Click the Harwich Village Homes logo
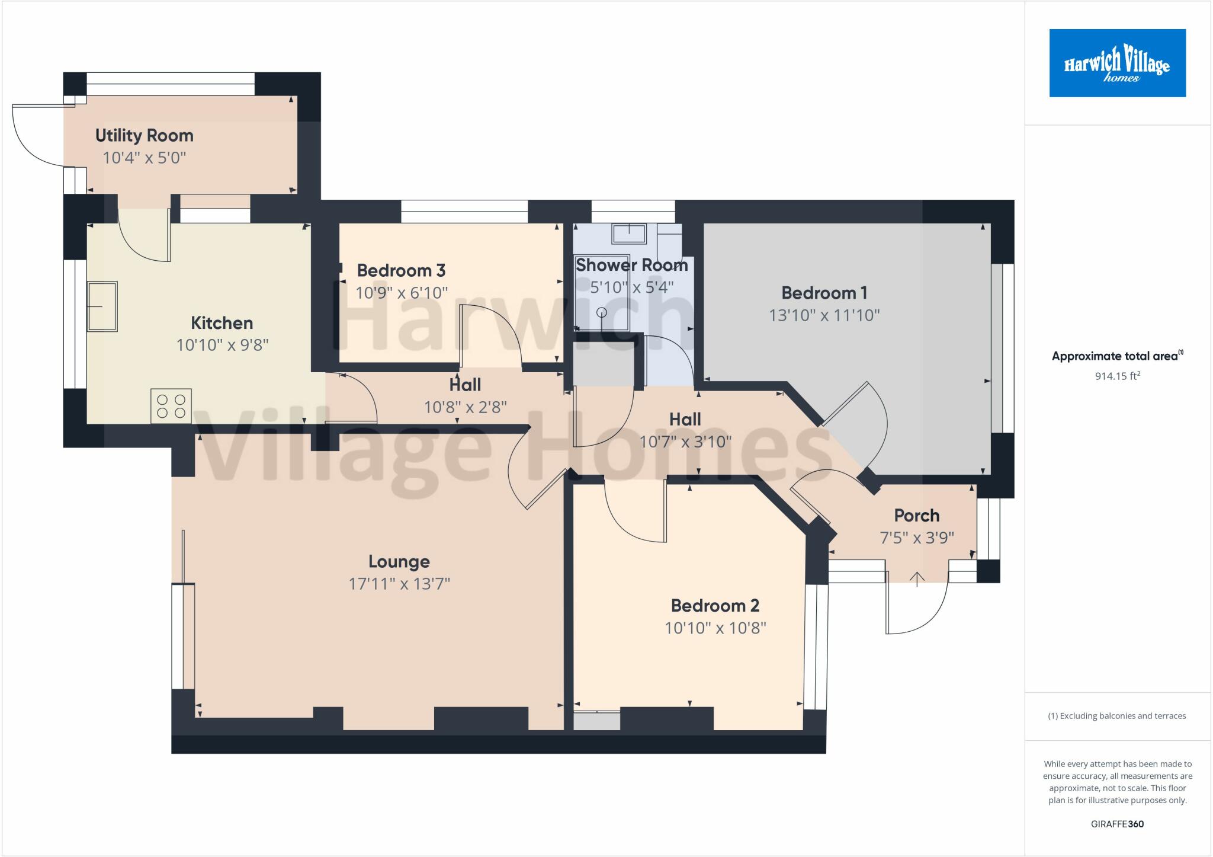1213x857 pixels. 1117,63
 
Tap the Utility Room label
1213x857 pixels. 145,136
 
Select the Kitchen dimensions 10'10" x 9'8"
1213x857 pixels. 222,345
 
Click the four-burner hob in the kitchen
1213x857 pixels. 171,406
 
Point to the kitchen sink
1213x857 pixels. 102,306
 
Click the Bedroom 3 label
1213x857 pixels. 401,271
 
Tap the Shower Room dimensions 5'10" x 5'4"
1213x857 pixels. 632,287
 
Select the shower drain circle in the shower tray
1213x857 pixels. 602,312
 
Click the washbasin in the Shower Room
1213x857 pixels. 629,234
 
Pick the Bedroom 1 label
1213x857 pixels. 824,293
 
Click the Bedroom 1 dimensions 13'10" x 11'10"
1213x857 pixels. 824,315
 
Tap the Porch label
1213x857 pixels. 916,516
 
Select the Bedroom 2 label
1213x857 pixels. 715,606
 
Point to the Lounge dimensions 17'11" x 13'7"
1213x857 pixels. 399,584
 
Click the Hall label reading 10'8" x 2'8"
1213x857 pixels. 465,385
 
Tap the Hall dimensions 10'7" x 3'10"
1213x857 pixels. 685,442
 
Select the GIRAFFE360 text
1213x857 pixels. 1117,824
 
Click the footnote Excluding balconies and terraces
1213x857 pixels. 1117,716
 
